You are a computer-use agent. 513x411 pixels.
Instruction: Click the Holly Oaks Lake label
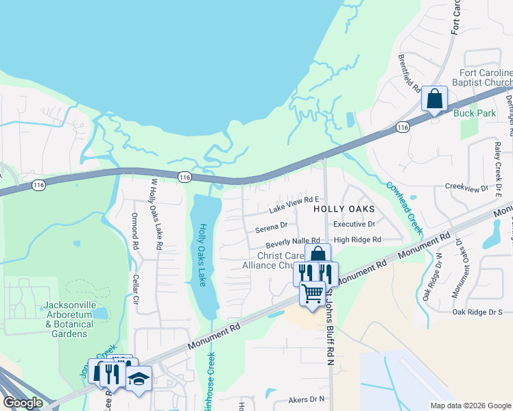coord(202,255)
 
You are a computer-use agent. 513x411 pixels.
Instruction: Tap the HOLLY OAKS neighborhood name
coord(344,208)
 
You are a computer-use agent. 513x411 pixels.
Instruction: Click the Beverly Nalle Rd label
coord(294,242)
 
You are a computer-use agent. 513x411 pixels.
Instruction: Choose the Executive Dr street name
coord(354,224)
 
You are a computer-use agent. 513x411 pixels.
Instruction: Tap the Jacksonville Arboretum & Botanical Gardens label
coord(56,319)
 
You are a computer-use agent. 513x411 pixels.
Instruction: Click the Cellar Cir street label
coord(136,290)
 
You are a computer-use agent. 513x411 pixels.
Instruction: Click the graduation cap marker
coord(139,379)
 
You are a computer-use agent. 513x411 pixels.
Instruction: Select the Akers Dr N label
coord(306,398)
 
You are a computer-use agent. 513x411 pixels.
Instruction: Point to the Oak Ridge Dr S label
coord(477,312)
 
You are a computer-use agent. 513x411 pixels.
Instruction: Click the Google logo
coord(23,403)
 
